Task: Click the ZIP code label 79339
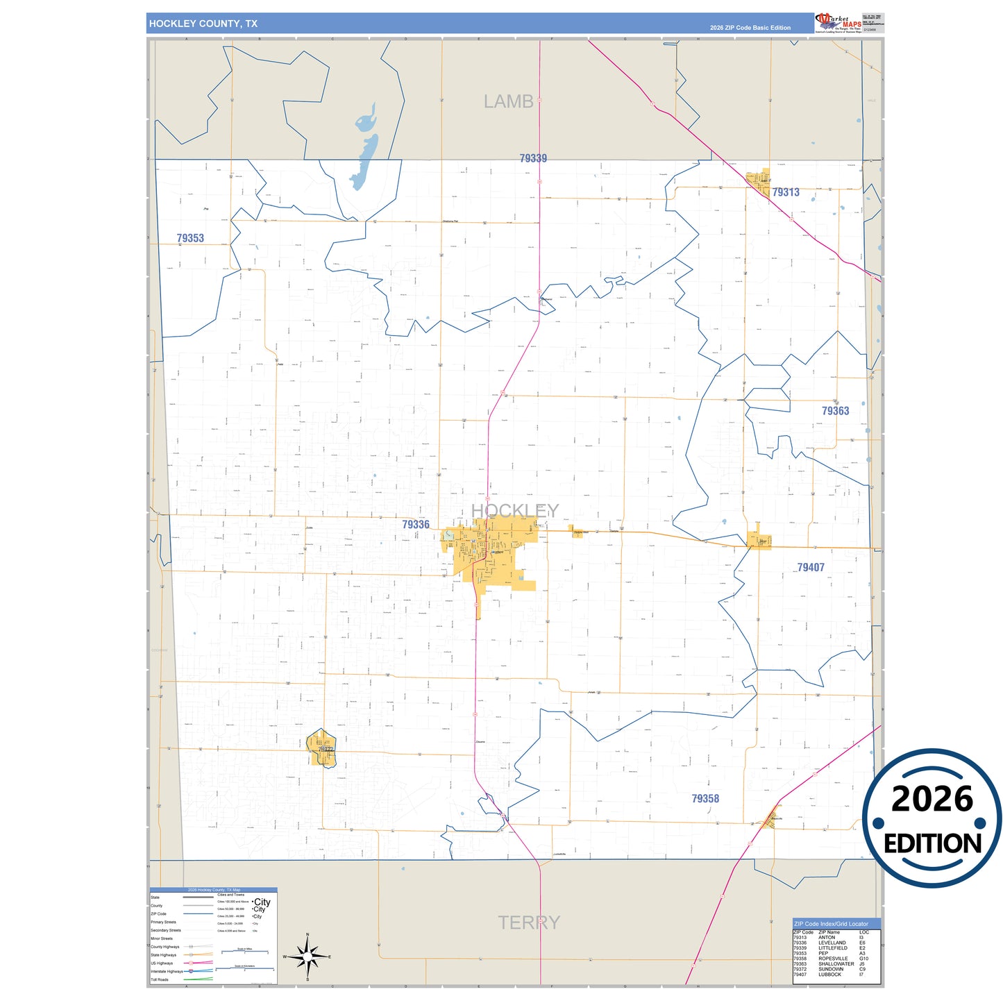[x=533, y=158]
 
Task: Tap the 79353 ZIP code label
[x=190, y=238]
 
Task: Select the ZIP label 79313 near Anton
[x=786, y=192]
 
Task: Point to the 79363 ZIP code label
[x=835, y=411]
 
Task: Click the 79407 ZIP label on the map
[x=811, y=568]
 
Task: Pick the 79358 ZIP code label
[x=705, y=799]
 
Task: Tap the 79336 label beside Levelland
[x=416, y=525]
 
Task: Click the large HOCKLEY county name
[x=514, y=511]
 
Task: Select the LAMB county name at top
[x=508, y=102]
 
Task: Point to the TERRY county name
[x=528, y=922]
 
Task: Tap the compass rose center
[x=307, y=957]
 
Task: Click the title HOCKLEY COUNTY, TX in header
[x=203, y=24]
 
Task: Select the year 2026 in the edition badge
[x=932, y=799]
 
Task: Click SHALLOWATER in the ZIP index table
[x=836, y=963]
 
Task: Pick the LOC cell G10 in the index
[x=863, y=959]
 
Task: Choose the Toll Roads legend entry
[x=160, y=979]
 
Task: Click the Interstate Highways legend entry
[x=167, y=971]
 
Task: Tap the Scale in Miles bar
[x=244, y=952]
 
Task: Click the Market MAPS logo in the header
[x=838, y=23]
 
